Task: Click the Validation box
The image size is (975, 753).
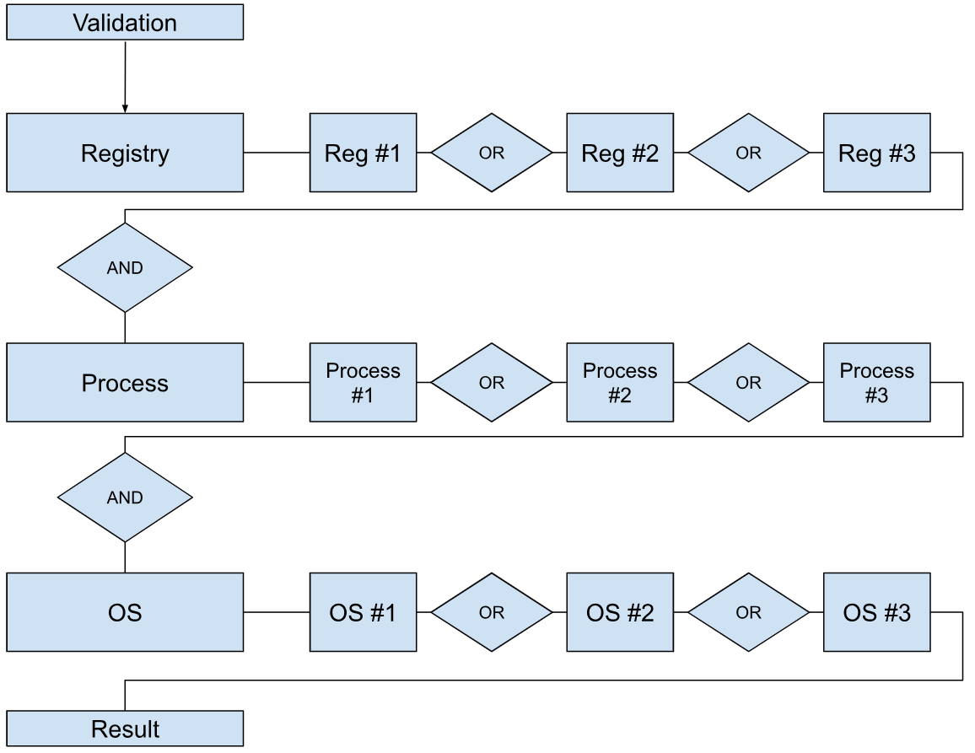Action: point(125,23)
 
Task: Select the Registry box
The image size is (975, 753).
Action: point(125,153)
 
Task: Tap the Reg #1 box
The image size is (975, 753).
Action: point(364,153)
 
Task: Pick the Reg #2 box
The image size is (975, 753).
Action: point(620,153)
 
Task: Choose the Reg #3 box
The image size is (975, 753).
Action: point(877,153)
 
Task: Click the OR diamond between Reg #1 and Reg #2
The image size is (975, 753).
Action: point(492,153)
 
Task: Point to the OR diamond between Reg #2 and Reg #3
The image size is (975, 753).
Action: point(749,153)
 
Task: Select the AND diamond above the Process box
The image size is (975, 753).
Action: point(125,267)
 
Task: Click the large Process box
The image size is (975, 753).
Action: point(125,383)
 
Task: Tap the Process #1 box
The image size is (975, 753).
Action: point(364,383)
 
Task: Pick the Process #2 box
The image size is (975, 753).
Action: point(620,383)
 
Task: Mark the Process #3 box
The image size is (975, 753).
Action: point(877,383)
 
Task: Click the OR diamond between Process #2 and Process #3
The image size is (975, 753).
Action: point(749,383)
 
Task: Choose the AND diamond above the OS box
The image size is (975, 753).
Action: point(125,498)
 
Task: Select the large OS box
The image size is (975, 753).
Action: point(125,612)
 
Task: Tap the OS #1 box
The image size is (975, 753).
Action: point(364,612)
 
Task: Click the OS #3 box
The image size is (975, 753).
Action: point(877,612)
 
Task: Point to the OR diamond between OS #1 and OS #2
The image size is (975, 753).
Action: point(492,612)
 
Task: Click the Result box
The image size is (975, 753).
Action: point(125,729)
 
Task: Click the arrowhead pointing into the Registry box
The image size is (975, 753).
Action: point(125,109)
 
